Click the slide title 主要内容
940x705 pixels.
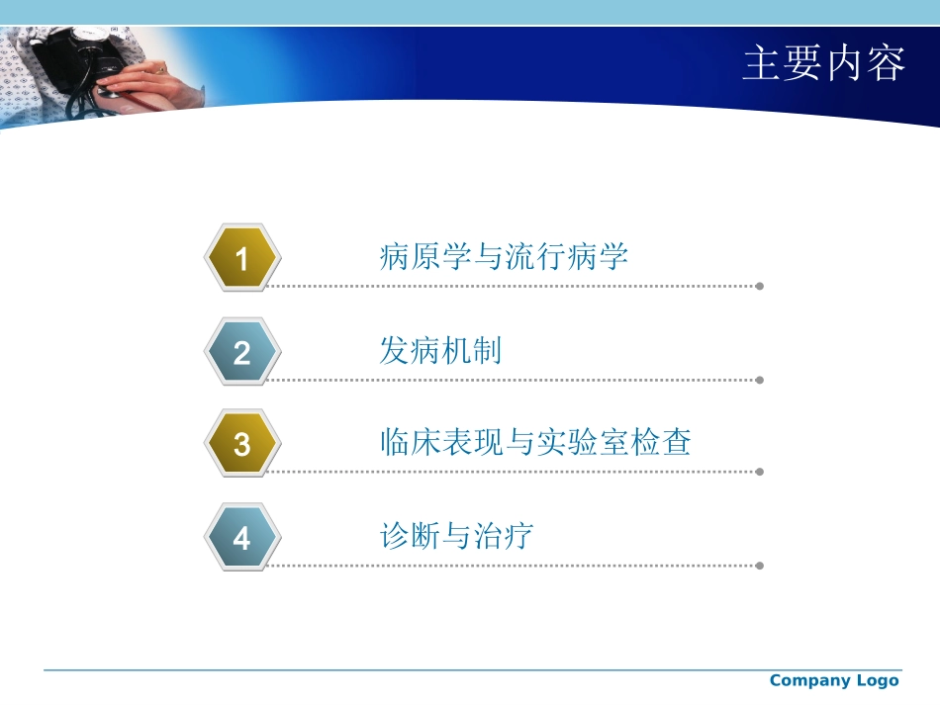coord(823,63)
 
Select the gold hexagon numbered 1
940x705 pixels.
coord(242,259)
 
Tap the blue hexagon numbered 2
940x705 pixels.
coord(242,352)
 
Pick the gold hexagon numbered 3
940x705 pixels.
coord(242,445)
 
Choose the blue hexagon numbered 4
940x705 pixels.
coord(242,539)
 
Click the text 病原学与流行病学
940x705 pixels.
coord(504,257)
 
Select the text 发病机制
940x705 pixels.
coord(440,350)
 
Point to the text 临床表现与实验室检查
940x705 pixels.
coord(535,442)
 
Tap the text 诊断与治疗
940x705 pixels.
coord(456,536)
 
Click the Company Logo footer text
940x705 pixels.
coord(833,680)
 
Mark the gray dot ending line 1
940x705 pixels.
coord(759,287)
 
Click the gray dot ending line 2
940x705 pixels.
coord(759,380)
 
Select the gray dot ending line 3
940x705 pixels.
coord(759,473)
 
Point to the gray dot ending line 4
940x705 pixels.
coord(759,566)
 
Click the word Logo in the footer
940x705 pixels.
coord(878,680)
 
